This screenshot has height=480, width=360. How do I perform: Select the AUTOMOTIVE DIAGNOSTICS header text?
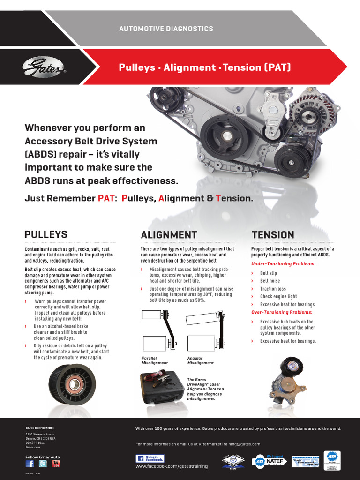click(x=166, y=29)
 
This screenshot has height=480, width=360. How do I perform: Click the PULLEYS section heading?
click(x=46, y=234)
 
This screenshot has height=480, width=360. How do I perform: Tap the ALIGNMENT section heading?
click(x=169, y=235)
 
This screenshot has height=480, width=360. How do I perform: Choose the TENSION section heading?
click(x=273, y=235)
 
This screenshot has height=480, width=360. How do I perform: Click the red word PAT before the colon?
click(x=106, y=198)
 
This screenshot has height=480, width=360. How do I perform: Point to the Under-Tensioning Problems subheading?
click(x=283, y=264)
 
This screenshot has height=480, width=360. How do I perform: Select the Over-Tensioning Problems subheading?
click(x=282, y=312)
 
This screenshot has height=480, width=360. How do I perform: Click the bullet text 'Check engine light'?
click(x=278, y=296)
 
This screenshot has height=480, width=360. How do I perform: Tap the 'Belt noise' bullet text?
click(x=270, y=281)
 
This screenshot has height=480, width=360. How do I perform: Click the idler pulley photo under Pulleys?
click(x=73, y=384)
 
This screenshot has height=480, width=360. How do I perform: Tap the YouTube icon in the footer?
click(x=55, y=464)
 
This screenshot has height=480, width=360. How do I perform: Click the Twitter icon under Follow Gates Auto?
click(x=43, y=464)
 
